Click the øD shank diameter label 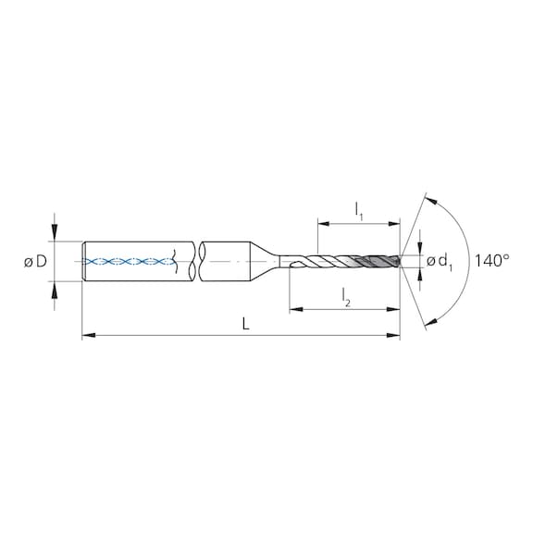pyautogui.click(x=35, y=262)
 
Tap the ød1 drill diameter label pyautogui.click(x=440, y=262)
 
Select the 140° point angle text pyautogui.click(x=491, y=262)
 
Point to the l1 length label pyautogui.click(x=359, y=210)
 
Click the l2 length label pyautogui.click(x=344, y=296)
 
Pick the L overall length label pyautogui.click(x=242, y=324)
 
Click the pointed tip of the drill pyautogui.click(x=401, y=262)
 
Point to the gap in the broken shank pyautogui.click(x=196, y=262)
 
